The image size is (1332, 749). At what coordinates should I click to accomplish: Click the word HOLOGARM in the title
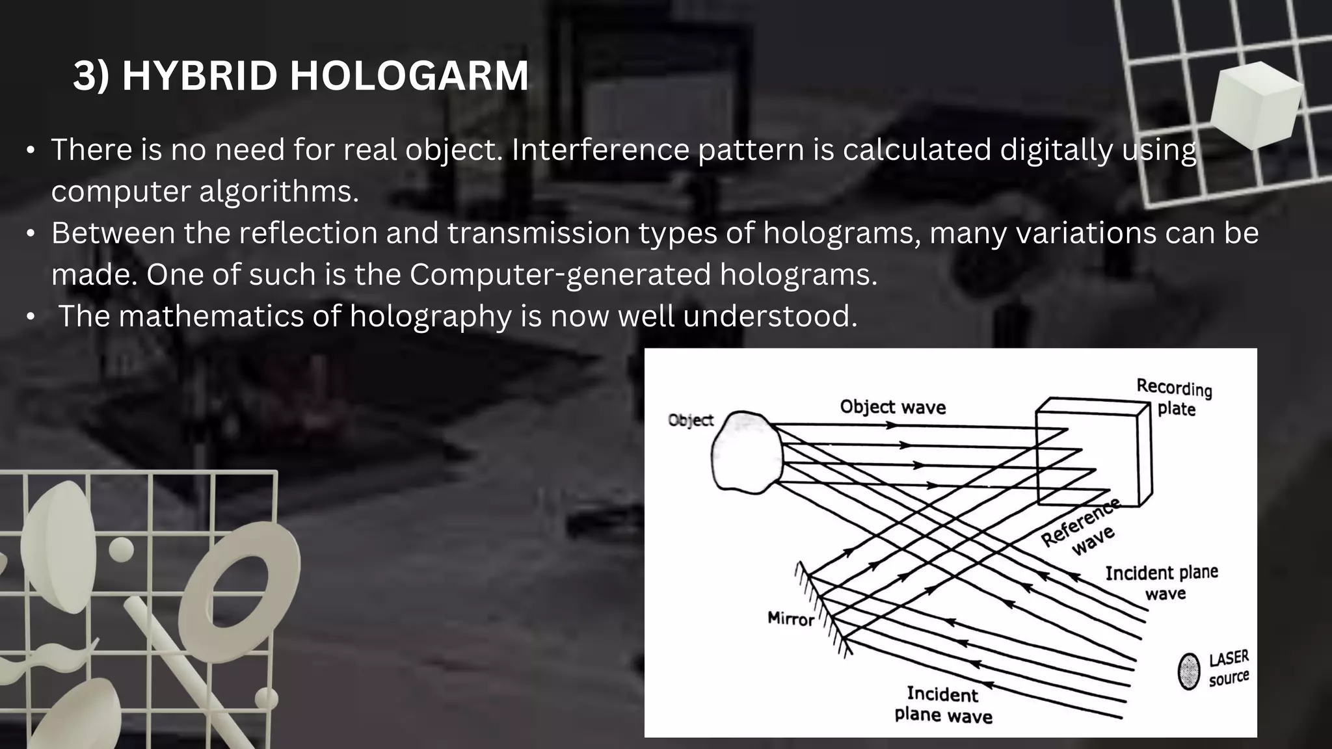pos(408,75)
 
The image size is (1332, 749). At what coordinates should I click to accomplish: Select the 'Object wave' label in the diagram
pos(892,407)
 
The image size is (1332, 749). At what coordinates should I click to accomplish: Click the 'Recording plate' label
pos(1175,397)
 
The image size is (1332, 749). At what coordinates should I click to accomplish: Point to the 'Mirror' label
pos(790,618)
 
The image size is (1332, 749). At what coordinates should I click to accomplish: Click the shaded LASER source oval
pos(1188,672)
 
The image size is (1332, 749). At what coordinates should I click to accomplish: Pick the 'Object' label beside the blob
pos(691,420)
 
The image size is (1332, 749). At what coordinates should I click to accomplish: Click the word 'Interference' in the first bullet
pos(600,150)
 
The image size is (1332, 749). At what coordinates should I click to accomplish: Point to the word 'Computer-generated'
pos(560,274)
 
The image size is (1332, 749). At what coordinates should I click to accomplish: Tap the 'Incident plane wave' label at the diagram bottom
pos(943,705)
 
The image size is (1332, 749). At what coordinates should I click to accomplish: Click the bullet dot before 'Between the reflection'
pos(31,233)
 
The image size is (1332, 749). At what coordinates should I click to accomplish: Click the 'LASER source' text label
pos(1229,668)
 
